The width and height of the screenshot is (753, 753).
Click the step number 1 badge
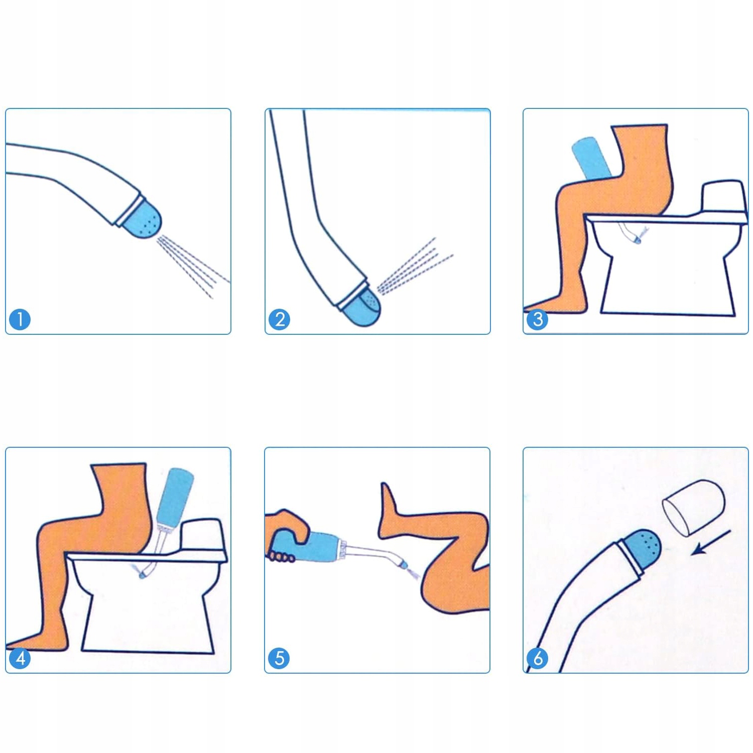(x=20, y=319)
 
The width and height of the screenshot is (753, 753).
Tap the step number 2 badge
(x=280, y=319)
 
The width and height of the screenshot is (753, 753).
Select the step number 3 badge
(x=538, y=319)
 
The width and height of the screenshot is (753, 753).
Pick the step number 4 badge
(x=20, y=658)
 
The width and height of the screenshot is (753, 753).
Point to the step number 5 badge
(x=279, y=658)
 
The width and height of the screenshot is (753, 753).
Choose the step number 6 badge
(x=538, y=658)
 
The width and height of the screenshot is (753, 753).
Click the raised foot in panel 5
(x=391, y=507)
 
